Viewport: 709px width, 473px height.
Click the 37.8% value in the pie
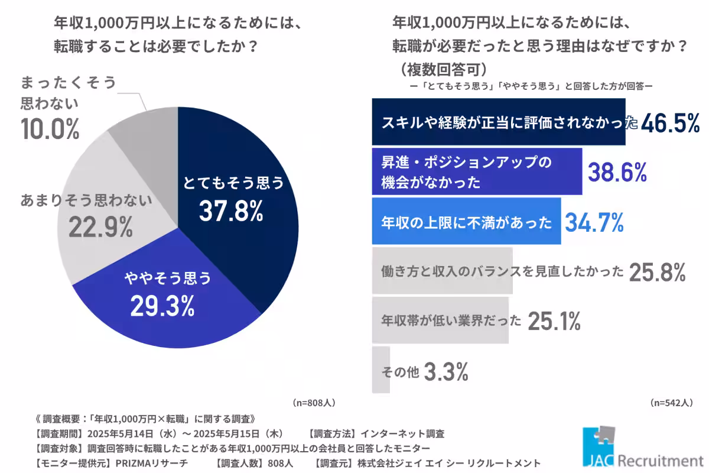231,211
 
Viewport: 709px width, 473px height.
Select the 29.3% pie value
163,305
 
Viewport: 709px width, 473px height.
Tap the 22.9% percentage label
100,227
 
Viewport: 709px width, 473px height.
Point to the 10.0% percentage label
50,129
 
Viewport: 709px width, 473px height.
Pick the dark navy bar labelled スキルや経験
498,122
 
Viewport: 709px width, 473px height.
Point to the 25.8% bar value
657,272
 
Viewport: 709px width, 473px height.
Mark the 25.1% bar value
554,321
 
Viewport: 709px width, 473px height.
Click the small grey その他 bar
380,371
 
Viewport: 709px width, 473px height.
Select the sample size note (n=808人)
314,403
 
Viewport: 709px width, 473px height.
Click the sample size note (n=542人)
671,403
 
